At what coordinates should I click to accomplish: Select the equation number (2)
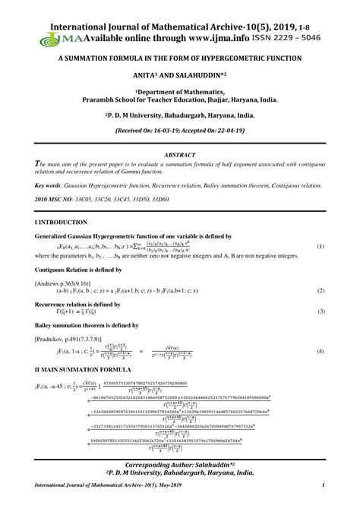[x=321, y=289]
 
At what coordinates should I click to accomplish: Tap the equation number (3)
[x=321, y=311]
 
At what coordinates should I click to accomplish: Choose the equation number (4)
[x=321, y=351]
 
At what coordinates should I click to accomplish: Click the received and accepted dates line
[x=180, y=131]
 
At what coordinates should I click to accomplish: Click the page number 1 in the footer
[x=324, y=485]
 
